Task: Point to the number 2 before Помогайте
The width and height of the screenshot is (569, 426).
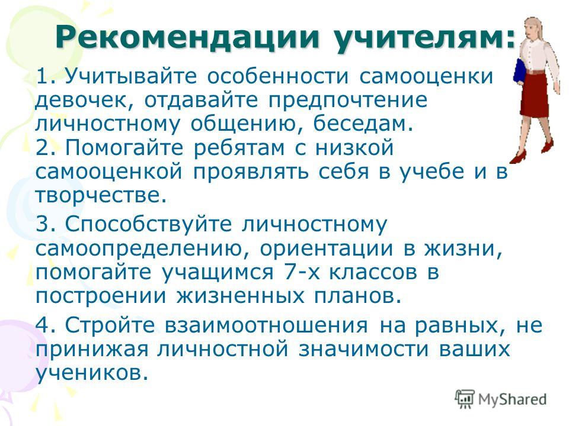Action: tap(43, 148)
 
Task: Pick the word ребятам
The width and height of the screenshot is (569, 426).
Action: tap(239, 148)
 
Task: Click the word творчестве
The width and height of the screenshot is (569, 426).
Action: tap(101, 195)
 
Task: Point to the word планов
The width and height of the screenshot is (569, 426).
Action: tap(358, 296)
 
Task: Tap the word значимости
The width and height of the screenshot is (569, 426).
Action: tap(363, 350)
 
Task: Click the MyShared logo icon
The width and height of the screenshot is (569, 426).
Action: tap(465, 399)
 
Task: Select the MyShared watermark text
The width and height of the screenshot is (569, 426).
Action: tap(512, 399)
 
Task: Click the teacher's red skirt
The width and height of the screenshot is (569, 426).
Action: tap(534, 95)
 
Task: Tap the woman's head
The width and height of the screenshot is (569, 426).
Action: tap(536, 30)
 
